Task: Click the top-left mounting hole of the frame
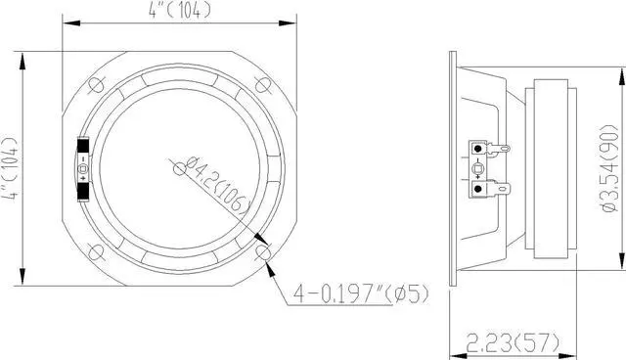coord(96,84)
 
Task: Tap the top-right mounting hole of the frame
coord(263,84)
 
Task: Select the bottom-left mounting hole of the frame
coord(96,252)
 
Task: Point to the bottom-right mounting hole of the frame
coord(263,252)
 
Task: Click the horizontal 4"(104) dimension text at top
coord(180,11)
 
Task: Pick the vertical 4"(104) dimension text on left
coord(11,168)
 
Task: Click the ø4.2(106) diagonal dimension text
coord(218,184)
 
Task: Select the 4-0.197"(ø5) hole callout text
coord(361,294)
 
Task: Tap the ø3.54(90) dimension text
coord(608,169)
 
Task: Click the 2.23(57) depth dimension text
coord(513,342)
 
